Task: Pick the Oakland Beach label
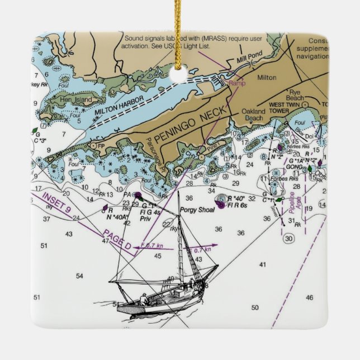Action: pos(253,115)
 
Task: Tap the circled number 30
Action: pos(288,239)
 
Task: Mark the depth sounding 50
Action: pos(255,307)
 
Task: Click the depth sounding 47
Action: pos(105,240)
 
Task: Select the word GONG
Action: pos(293,167)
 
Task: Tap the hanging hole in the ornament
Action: pos(179,76)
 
